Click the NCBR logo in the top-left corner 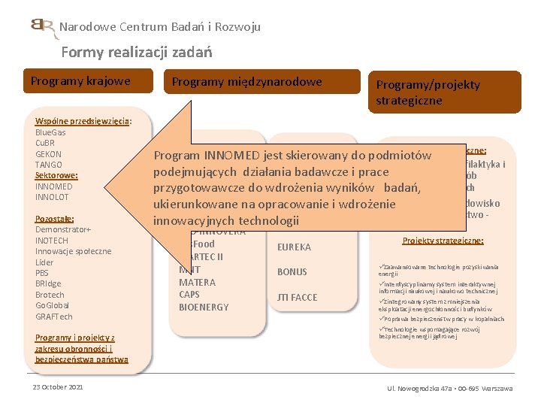pyautogui.click(x=44, y=28)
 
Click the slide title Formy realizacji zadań pyautogui.click(x=137, y=52)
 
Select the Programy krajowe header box pyautogui.click(x=80, y=81)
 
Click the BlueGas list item pyautogui.click(x=50, y=132)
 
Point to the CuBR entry pyautogui.click(x=45, y=143)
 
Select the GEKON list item pyautogui.click(x=49, y=153)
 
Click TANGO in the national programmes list pyautogui.click(x=49, y=165)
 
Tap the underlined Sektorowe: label pyautogui.click(x=56, y=175)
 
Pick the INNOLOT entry pyautogui.click(x=52, y=197)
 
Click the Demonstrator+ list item pyautogui.click(x=63, y=229)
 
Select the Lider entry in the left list pyautogui.click(x=44, y=262)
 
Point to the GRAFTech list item pyautogui.click(x=54, y=317)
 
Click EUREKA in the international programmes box pyautogui.click(x=294, y=247)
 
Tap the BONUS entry pyautogui.click(x=292, y=272)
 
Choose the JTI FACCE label pyautogui.click(x=298, y=297)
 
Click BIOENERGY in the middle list pyautogui.click(x=204, y=307)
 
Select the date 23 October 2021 pyautogui.click(x=58, y=386)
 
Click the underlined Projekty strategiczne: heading pyautogui.click(x=443, y=241)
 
